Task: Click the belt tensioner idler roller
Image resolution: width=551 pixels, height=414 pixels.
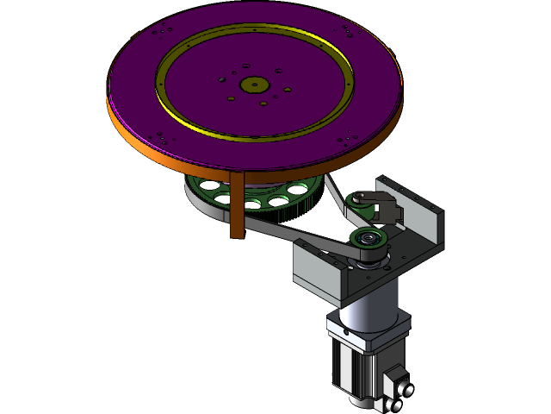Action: click(361, 204)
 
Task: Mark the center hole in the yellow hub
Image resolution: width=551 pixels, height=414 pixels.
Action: click(253, 85)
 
